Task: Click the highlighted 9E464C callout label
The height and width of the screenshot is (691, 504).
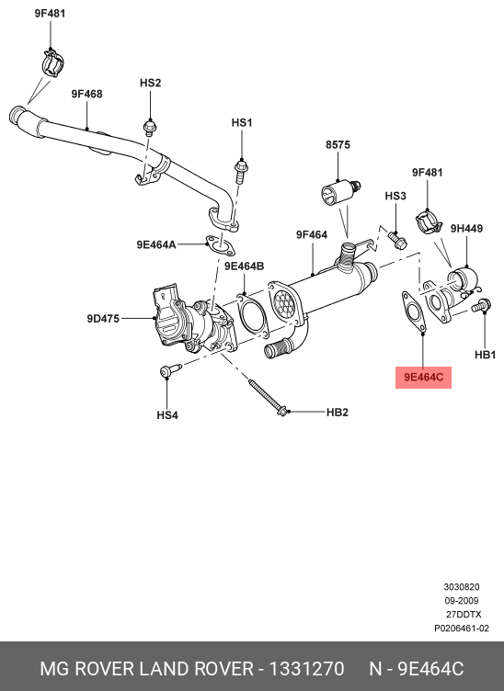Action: (423, 378)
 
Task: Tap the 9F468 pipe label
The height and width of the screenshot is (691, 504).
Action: (86, 94)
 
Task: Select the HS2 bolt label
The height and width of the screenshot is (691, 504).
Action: (150, 83)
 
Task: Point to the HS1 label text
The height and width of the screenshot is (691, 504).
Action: (242, 122)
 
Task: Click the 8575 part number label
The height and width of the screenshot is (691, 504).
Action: (338, 144)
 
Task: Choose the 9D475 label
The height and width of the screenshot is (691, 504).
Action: (103, 319)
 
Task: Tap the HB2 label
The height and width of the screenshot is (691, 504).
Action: (338, 412)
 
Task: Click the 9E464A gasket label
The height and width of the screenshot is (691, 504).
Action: (156, 244)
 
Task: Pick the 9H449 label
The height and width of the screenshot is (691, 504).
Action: (466, 228)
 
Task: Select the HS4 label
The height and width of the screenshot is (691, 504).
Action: (167, 415)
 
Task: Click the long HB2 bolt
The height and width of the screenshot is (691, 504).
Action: (268, 397)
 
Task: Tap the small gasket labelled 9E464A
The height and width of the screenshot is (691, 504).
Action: (220, 245)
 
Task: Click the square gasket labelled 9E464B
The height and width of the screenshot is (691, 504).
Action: (252, 315)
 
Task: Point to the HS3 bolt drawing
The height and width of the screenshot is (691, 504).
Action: (397, 239)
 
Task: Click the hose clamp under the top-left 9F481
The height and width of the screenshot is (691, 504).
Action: (53, 64)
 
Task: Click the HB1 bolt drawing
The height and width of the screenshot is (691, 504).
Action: (481, 305)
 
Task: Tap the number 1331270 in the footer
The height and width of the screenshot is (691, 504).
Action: (306, 669)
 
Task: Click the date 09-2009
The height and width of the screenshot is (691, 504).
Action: (461, 601)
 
